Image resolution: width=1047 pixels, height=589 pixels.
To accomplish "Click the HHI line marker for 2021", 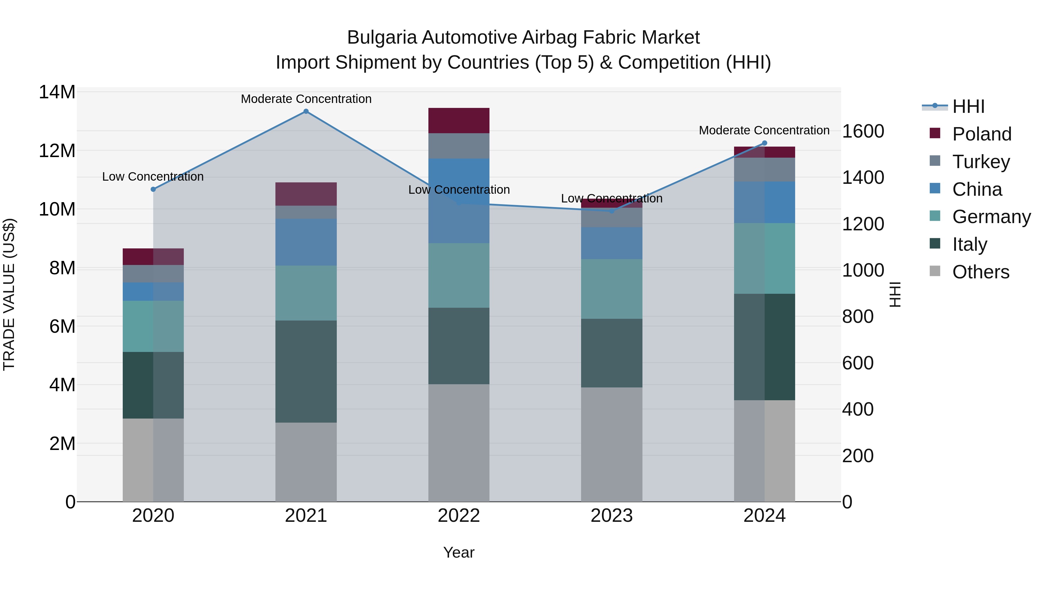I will tap(306, 111).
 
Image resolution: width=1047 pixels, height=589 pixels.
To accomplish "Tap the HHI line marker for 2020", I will tap(153, 189).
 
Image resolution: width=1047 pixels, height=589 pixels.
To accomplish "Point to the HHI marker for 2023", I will tap(612, 211).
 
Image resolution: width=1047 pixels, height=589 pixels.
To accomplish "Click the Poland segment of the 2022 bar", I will tap(459, 121).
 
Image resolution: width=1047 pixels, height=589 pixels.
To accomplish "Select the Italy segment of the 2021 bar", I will tap(306, 371).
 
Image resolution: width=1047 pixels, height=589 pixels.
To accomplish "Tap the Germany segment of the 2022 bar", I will tap(459, 276).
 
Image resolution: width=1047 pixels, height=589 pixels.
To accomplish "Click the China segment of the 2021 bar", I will tap(306, 242).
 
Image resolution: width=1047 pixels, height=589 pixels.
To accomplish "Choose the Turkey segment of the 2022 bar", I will tap(459, 146).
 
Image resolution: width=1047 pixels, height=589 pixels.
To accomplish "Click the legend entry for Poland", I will tap(982, 134).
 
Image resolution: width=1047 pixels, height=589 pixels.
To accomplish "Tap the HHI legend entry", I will tap(968, 106).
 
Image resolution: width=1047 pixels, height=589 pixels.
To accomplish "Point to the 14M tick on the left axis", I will tap(57, 92).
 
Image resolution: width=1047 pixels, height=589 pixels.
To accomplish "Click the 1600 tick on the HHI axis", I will tap(863, 131).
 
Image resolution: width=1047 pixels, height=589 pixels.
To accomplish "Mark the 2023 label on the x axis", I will tap(612, 516).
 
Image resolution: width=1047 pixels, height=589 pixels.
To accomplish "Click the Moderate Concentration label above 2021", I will tap(306, 99).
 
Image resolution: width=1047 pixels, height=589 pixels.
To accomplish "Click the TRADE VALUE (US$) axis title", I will tap(9, 294).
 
